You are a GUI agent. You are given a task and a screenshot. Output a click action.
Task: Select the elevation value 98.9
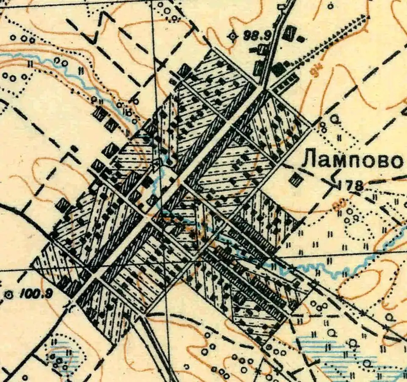point(257,36)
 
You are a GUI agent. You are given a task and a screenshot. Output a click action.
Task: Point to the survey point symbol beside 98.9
point(232,36)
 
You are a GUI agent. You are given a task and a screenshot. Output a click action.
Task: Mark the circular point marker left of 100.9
point(8,293)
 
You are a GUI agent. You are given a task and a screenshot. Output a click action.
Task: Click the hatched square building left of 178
point(295,180)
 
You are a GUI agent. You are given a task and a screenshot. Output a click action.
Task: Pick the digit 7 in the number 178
point(351,185)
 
